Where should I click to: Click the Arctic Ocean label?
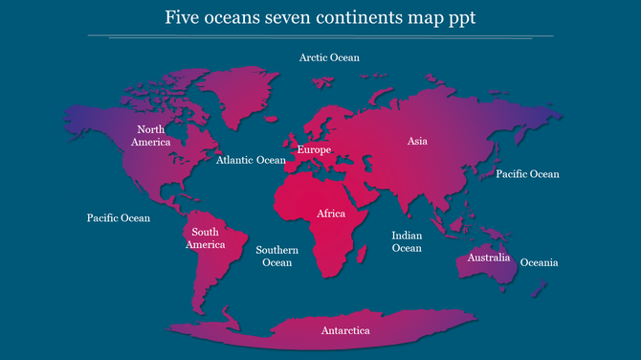(x=329, y=57)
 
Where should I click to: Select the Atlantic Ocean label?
(x=251, y=161)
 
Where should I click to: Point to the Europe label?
(x=314, y=150)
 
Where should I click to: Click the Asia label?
(x=417, y=142)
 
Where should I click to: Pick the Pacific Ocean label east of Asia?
(x=527, y=174)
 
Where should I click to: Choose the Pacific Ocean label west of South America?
(x=119, y=218)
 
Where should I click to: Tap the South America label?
(x=206, y=238)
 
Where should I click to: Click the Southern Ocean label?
(x=277, y=257)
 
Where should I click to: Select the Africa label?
(x=331, y=214)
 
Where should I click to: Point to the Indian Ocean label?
(x=407, y=241)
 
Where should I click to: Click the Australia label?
(x=488, y=259)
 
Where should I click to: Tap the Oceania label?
(x=540, y=262)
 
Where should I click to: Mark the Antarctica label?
(x=345, y=331)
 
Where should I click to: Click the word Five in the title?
(x=182, y=18)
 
